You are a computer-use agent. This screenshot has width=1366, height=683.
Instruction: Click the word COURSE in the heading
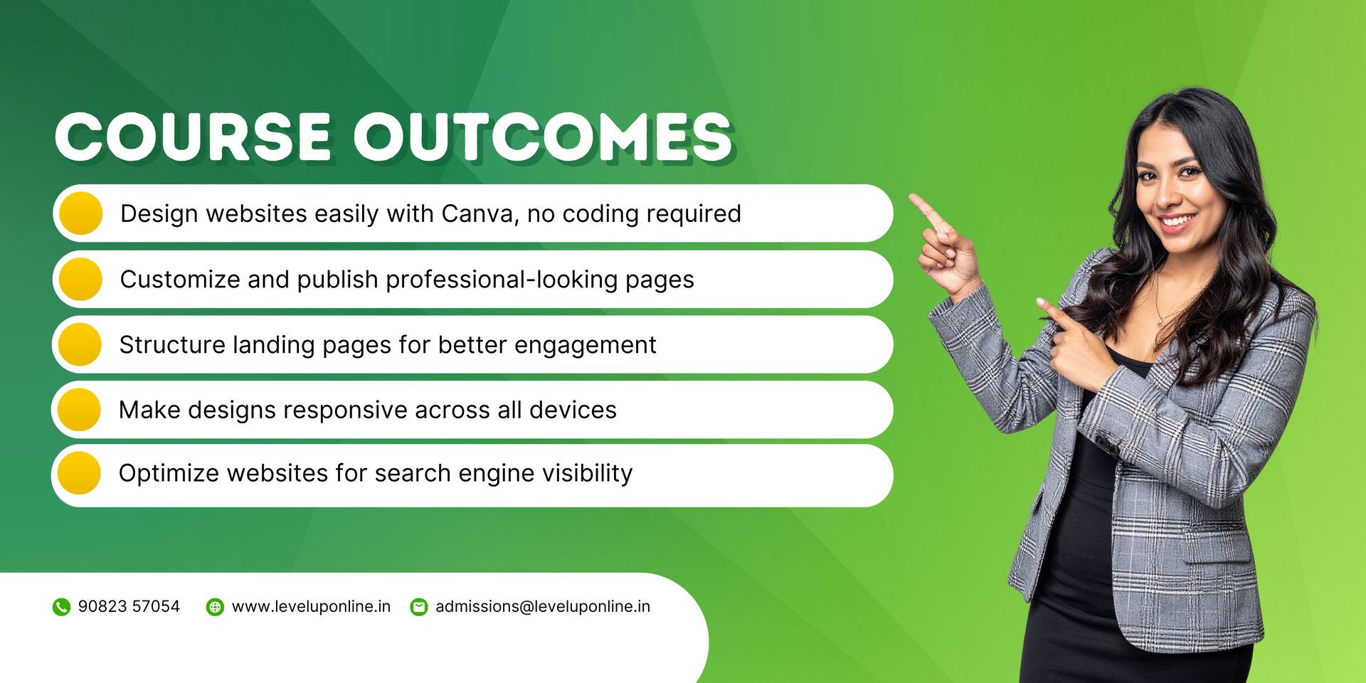tap(193, 137)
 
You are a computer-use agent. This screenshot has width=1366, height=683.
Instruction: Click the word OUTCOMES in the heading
tap(544, 137)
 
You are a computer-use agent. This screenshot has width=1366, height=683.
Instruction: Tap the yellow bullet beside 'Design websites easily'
tap(81, 213)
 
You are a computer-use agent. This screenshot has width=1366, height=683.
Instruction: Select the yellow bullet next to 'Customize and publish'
tap(81, 279)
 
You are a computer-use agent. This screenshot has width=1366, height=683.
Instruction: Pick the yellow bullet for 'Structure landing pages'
tap(80, 344)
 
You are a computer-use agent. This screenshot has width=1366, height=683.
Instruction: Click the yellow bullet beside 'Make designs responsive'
tap(80, 409)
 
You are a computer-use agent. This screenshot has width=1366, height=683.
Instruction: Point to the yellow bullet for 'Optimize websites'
tap(80, 473)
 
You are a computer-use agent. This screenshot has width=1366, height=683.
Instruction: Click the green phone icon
tap(62, 607)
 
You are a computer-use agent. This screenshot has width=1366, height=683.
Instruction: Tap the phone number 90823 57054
tap(129, 606)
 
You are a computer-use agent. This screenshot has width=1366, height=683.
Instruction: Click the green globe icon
tap(215, 607)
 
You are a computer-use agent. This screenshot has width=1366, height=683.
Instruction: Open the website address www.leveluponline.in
tap(311, 606)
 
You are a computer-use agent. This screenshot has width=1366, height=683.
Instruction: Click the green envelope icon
tap(419, 607)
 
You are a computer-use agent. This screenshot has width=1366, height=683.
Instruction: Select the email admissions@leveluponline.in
tap(543, 606)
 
